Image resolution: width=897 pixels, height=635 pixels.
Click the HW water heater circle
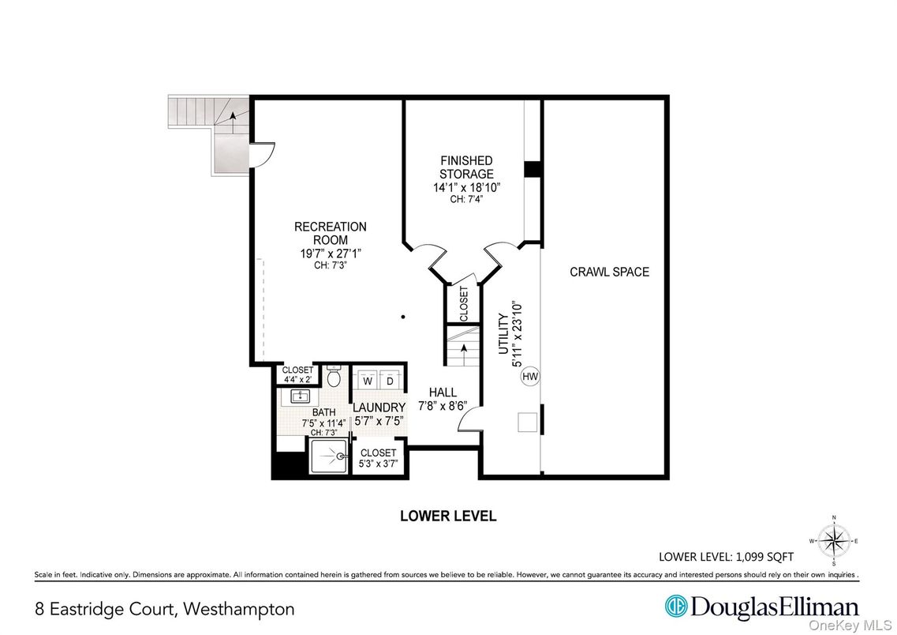point(529,377)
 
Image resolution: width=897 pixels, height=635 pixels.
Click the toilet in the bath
point(333,377)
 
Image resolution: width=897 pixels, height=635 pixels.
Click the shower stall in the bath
point(329,457)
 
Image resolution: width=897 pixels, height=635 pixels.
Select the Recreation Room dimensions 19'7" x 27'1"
point(330,253)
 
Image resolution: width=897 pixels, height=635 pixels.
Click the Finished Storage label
point(466,167)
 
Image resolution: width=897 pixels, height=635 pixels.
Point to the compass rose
point(834,541)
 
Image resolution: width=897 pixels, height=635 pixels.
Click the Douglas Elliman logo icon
point(675,607)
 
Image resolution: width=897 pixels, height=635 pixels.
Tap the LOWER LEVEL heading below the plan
point(448,517)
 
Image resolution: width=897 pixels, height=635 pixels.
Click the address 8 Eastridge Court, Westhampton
point(164,609)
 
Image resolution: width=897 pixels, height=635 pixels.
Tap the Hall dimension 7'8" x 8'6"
point(442,406)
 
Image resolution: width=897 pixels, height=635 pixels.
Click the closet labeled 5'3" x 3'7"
point(379,458)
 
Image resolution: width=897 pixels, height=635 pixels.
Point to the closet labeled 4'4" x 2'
point(298,374)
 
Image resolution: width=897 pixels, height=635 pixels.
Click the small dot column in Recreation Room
point(402,317)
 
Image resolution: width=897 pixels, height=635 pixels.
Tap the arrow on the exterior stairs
point(234,117)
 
